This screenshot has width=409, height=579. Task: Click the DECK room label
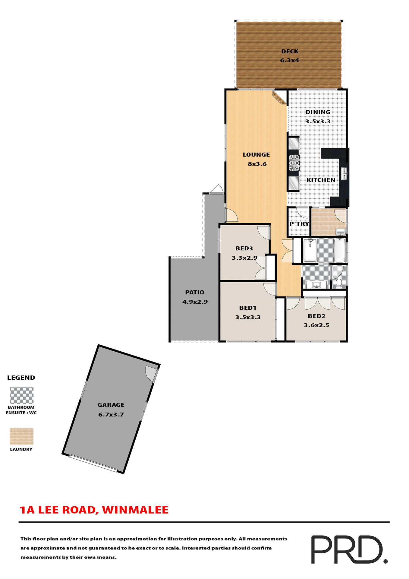[290, 52]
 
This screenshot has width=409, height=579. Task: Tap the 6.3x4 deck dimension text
[290, 60]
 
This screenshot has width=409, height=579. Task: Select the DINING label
[318, 112]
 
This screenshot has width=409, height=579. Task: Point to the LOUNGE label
[256, 155]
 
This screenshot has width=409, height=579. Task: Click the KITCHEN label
[321, 180]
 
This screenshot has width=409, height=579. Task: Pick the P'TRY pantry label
[299, 224]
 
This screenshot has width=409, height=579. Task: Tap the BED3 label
[244, 248]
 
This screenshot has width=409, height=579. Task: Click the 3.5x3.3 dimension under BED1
[248, 317]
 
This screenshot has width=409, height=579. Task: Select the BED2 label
[316, 316]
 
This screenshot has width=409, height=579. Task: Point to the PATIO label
[194, 292]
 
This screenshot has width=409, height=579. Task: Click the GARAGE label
[111, 405]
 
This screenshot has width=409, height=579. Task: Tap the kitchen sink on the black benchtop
[344, 173]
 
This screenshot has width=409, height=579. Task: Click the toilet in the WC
[338, 283]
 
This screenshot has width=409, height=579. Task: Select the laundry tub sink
[341, 232]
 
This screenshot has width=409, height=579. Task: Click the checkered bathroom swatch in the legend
[21, 395]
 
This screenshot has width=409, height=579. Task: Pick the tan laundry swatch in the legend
[21, 436]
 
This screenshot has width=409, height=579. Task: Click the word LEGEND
[21, 378]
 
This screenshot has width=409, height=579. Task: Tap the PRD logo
[349, 549]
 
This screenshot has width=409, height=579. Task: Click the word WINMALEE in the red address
[135, 510]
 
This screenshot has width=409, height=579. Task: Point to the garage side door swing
[151, 373]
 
